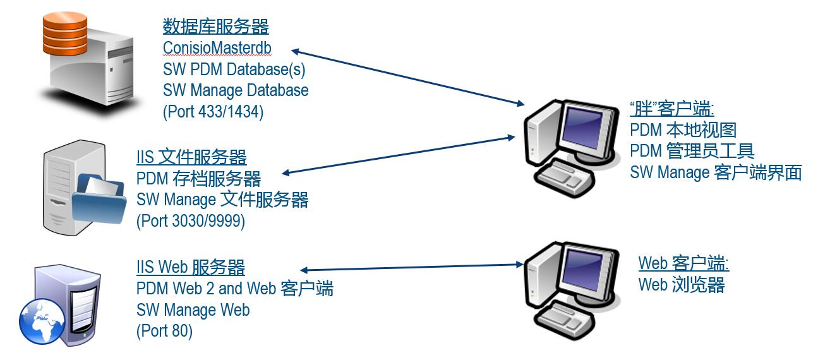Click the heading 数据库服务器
215,27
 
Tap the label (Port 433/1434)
213,112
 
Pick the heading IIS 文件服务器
191,157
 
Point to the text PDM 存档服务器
198,179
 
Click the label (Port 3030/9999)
191,222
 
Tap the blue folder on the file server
97,199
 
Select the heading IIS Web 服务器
190,267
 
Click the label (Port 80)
164,331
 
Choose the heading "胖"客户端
672,109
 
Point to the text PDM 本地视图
683,130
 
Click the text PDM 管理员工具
692,151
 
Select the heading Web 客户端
683,263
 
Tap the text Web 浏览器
681,285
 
